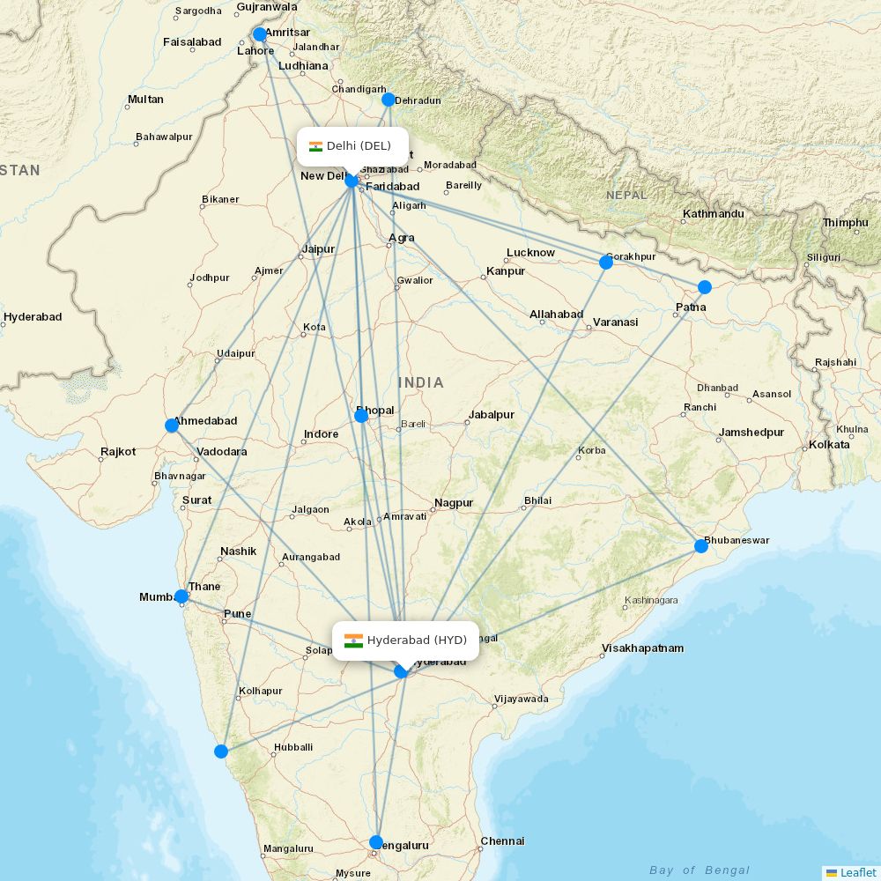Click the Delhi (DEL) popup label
352,146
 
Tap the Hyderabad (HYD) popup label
405,640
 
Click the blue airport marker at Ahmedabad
172,426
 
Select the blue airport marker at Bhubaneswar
701,546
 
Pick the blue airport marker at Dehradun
389,100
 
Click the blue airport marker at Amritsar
259,34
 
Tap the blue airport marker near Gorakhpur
606,262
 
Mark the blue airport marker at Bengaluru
376,841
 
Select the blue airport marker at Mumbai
181,596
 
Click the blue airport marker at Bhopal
361,415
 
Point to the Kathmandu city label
713,214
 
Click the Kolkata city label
829,445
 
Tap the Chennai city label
502,841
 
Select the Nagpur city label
454,503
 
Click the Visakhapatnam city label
642,648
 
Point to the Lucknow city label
530,253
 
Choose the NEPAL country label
626,195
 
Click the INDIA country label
421,383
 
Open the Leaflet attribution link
857,872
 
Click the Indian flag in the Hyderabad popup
353,640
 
